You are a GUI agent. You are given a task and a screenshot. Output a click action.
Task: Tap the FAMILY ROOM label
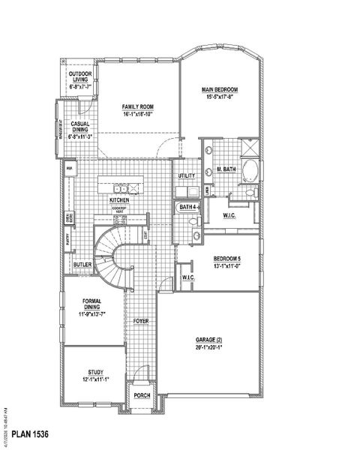138,107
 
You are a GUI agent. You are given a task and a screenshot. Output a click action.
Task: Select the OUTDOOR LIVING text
79,75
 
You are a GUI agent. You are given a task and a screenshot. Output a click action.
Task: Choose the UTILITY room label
187,175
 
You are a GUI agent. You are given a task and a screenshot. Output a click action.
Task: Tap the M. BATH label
227,169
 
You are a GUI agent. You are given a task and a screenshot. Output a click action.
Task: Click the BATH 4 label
187,207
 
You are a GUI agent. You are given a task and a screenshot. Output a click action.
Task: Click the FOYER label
141,321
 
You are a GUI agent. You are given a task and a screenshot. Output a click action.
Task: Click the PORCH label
141,395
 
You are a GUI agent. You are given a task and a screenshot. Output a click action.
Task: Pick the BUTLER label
82,265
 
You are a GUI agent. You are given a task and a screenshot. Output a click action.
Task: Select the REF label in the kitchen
69,169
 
